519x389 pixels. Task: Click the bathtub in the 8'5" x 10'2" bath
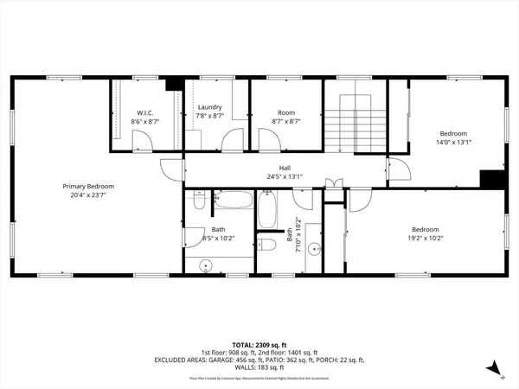coord(233,205)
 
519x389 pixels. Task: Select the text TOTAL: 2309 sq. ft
coord(259,343)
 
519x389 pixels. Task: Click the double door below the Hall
coord(330,184)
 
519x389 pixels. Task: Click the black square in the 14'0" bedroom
coord(492,178)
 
